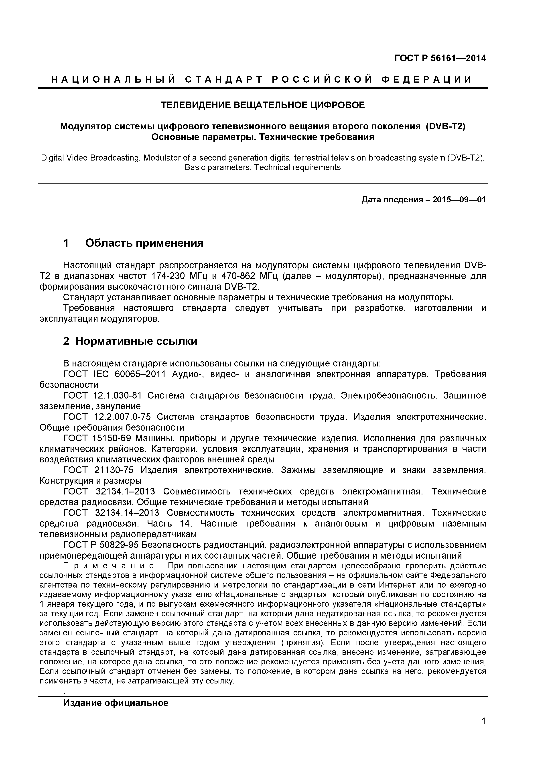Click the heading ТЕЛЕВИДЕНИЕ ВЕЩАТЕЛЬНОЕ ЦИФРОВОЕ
tap(263, 105)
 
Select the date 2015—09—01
tap(459, 200)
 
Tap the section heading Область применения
tap(144, 243)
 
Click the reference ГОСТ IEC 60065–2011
tap(115, 374)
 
